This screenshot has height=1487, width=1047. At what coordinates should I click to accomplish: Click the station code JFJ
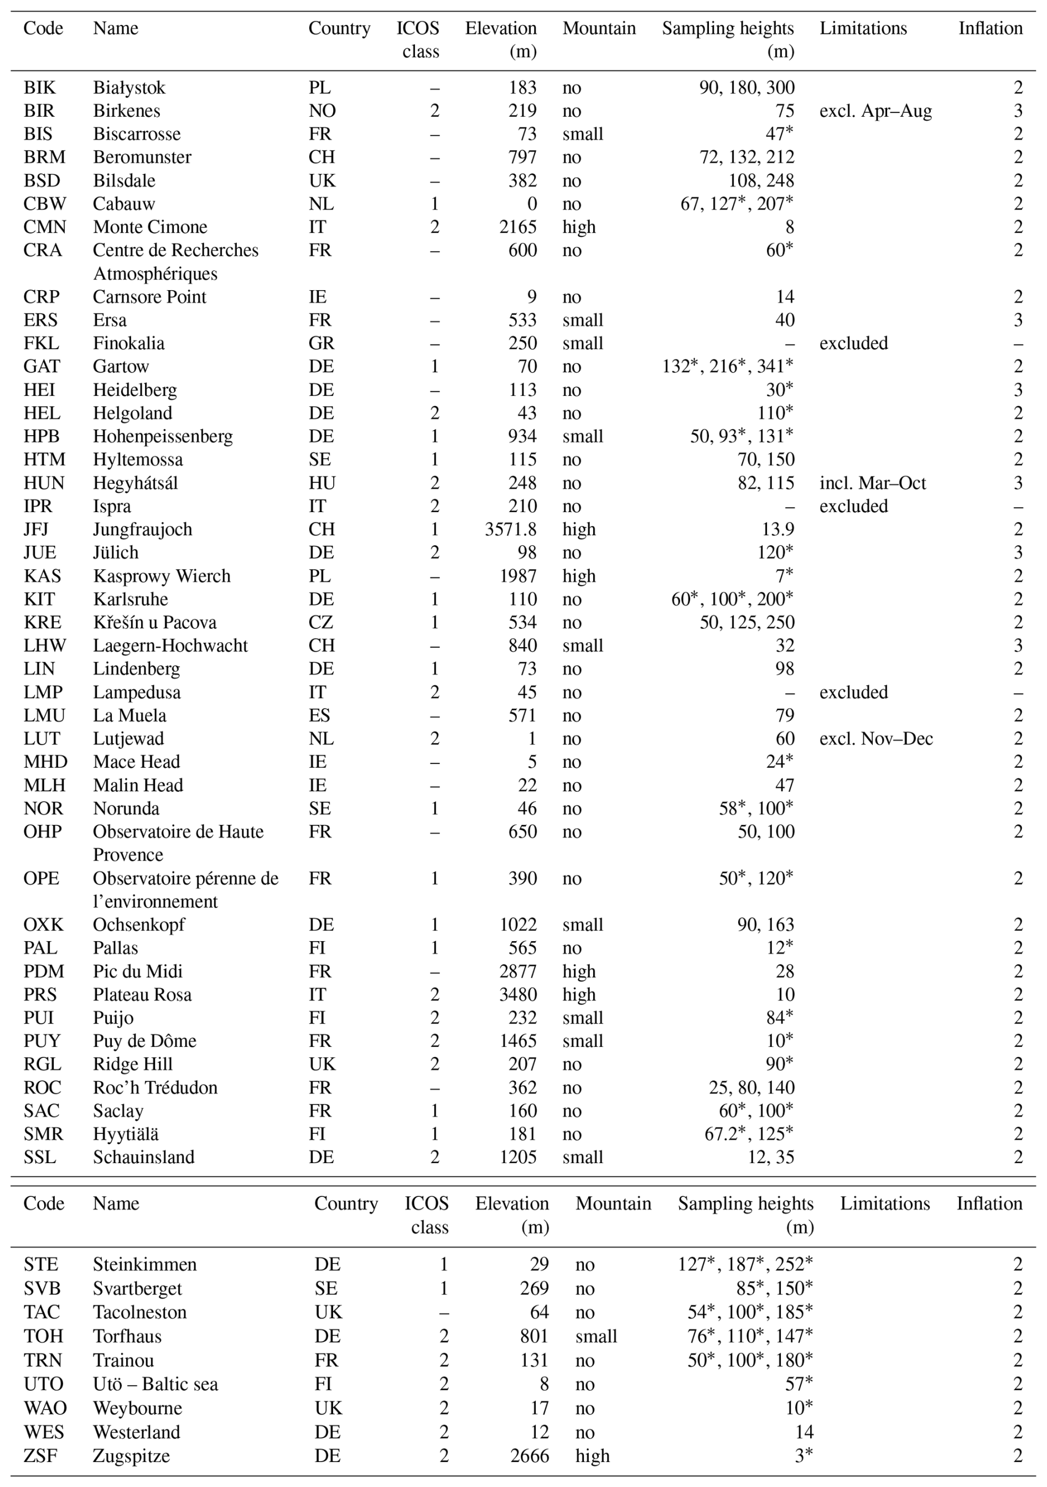[x=37, y=529]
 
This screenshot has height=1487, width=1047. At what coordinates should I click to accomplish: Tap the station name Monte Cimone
[x=149, y=226]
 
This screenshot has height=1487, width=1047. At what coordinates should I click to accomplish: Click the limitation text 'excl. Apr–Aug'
[x=875, y=111]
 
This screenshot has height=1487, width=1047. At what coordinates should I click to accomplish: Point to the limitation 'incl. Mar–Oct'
[x=872, y=483]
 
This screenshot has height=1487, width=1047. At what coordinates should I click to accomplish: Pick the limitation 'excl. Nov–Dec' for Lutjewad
[x=875, y=739]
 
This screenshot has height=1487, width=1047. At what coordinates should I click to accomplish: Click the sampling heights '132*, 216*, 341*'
[x=727, y=366]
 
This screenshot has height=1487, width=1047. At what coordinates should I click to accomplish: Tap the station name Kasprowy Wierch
[x=161, y=576]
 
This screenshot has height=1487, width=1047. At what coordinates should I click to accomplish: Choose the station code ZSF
[x=40, y=1455]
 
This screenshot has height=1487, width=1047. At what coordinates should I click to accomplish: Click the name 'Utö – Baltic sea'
[x=156, y=1383]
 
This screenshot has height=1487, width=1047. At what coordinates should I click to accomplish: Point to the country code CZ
[x=321, y=622]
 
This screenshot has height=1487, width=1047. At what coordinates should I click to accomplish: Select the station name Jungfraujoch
[x=142, y=529]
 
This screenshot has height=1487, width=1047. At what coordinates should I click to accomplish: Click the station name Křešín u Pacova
[x=154, y=622]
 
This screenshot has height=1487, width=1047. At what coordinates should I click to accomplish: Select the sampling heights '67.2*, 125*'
[x=749, y=1133]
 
